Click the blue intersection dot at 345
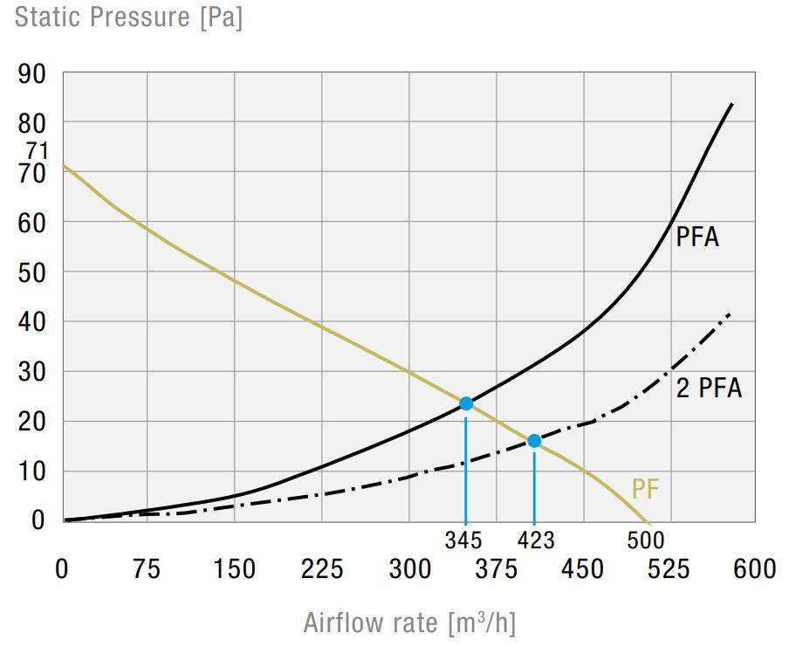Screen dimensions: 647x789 point(466,403)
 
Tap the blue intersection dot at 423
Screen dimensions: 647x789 point(534,441)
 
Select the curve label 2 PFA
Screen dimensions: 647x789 point(709,388)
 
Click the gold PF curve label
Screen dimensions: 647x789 point(645,490)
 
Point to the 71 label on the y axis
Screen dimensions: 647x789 point(37,151)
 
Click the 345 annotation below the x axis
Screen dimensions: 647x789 point(463,540)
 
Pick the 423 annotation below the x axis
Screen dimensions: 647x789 point(535,540)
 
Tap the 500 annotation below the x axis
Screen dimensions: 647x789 point(646,540)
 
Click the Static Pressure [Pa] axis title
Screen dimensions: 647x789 point(128,17)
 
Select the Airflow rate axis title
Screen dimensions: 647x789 point(409,623)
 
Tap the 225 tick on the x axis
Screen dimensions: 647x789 point(322,570)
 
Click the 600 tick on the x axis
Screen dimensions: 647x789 point(754,570)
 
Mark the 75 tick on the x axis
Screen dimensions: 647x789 point(147,570)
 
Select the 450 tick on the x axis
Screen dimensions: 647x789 point(582,570)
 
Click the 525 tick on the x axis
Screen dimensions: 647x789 point(669,570)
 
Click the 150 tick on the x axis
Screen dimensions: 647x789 point(234,570)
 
